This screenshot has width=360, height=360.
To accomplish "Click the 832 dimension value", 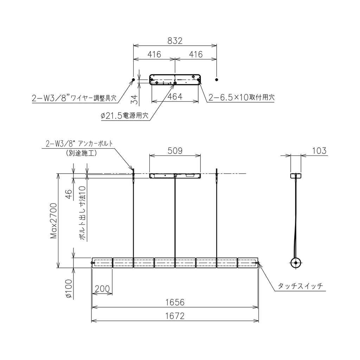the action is (175, 41).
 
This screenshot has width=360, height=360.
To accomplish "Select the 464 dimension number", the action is (175, 97).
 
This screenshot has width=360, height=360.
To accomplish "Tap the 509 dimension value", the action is (175, 151).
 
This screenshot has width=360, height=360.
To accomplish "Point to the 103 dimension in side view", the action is (319, 151).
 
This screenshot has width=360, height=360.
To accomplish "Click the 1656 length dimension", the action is (175, 302).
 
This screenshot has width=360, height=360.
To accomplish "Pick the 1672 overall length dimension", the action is (175, 316).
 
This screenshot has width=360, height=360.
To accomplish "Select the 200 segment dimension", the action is (102, 289).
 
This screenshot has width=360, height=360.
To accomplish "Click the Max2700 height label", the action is (53, 221).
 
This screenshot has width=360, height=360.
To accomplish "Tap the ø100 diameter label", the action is (69, 289).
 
